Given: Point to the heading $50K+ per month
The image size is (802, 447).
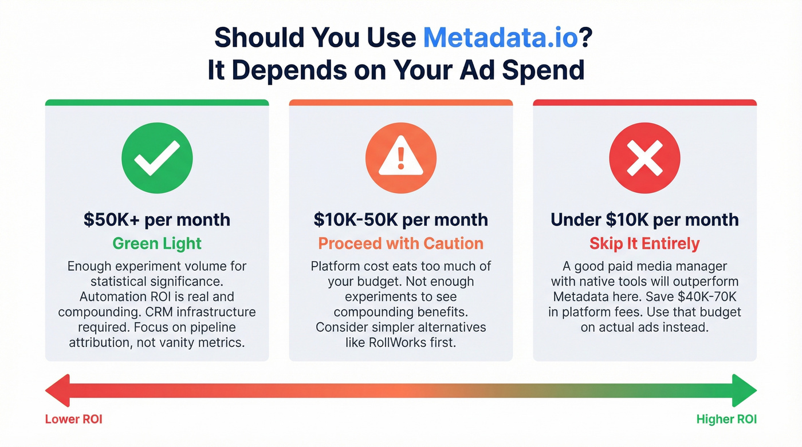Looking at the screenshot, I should click(157, 220).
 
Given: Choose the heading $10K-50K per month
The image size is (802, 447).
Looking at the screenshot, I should click(401, 220).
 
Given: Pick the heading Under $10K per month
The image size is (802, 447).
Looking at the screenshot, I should click(644, 220).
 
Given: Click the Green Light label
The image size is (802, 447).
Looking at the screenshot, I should click(157, 243).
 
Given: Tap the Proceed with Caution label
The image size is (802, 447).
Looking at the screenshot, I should click(401, 243).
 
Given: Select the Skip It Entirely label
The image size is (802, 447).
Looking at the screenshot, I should click(644, 243).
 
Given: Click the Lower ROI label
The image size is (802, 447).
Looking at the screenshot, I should click(73, 420).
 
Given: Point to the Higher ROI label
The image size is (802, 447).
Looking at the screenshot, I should click(726, 420).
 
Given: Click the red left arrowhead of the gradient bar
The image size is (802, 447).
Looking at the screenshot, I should click(57, 391).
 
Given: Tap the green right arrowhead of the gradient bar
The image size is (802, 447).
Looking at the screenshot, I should click(745, 391).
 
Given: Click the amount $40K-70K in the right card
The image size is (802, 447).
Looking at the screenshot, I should click(705, 297).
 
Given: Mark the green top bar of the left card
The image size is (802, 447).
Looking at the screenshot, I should click(157, 102).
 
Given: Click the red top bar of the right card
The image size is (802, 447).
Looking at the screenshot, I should click(644, 102).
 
